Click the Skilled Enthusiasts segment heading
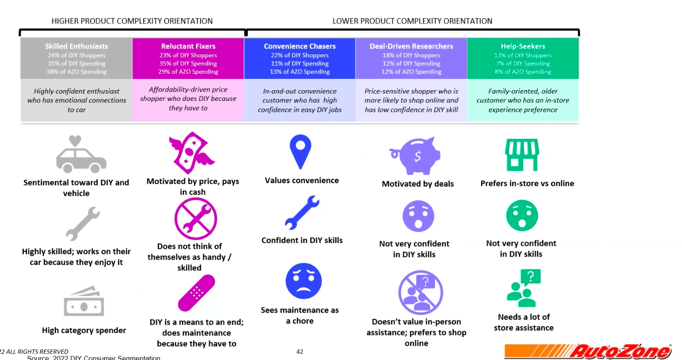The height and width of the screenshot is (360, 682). click(76, 46)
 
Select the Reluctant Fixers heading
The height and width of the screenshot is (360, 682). click(188, 46)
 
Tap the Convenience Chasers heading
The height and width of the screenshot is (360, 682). click(300, 46)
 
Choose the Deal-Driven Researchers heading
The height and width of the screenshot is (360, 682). click(412, 46)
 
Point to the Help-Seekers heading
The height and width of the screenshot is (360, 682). click(523, 46)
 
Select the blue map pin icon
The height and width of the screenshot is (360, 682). click(300, 152)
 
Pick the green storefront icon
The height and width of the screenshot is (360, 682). click(522, 154)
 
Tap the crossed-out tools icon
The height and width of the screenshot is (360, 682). click(195, 219)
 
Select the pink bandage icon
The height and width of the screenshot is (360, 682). click(196, 293)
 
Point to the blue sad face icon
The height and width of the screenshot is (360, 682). click(303, 281)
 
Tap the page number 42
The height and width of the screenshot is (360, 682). click(300, 352)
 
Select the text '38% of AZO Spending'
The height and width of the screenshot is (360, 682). click(76, 72)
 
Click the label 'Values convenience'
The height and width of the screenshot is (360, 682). click(302, 180)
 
